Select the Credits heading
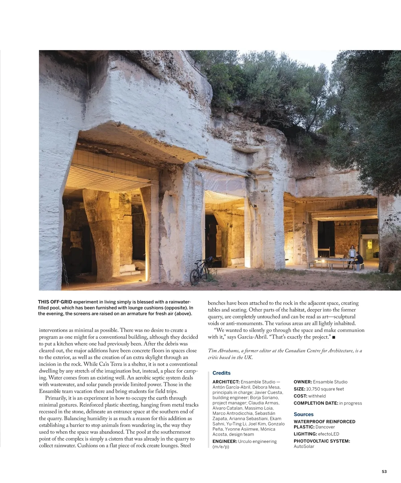tap(221, 373)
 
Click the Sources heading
tap(303, 414)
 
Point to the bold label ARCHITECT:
tap(226, 382)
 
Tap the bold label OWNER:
tap(303, 382)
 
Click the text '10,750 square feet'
tap(325, 389)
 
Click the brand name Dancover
tap(325, 427)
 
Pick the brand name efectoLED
tap(328, 434)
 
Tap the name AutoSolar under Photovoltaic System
tap(304, 446)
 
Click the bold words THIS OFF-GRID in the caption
tap(55, 302)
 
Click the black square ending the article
tap(333, 338)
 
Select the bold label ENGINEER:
tap(225, 441)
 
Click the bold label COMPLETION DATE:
tap(316, 403)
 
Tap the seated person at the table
tap(358, 260)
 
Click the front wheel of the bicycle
tap(194, 277)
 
